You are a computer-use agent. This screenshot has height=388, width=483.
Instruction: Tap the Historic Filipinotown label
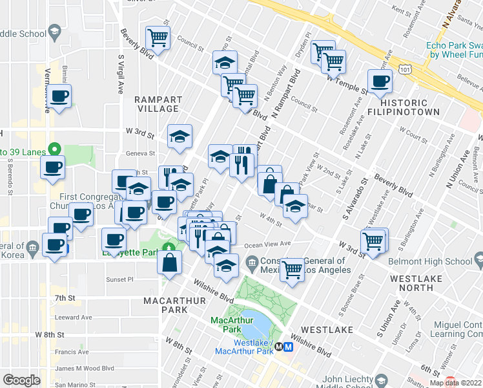tap(413, 107)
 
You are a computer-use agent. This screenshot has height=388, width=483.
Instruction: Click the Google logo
tap(21, 380)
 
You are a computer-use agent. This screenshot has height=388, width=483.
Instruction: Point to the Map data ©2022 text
tap(455, 382)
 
